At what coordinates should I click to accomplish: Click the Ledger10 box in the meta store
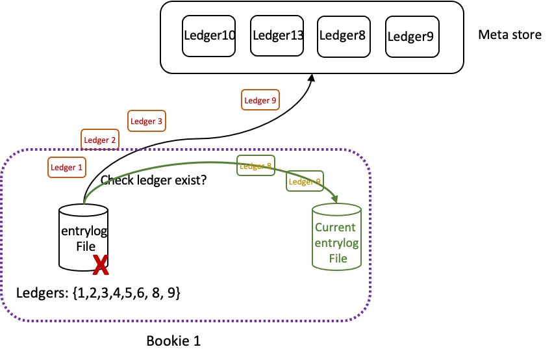coord(209,35)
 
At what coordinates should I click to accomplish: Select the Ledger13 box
coord(277,35)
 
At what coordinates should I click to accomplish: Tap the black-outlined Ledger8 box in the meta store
coord(342,35)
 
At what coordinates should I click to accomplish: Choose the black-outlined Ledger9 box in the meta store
coord(410,36)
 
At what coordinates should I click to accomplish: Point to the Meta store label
coord(509,34)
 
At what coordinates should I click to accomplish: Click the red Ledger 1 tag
coord(67,167)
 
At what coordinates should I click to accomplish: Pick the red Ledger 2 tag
coord(100,140)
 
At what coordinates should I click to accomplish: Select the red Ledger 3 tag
coord(147,121)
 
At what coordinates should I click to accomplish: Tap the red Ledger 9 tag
coord(260,100)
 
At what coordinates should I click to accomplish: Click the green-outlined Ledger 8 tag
coord(256,166)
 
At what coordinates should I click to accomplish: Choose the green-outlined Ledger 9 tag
coord(305,181)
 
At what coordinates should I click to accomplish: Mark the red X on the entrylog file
coord(100,264)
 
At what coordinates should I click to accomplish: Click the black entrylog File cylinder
coord(83,237)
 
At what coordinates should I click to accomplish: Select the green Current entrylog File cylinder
coord(336,237)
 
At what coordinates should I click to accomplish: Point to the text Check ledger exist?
coord(153,180)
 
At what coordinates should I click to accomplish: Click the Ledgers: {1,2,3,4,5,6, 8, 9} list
coord(98,293)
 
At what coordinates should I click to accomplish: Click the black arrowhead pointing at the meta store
coord(312,77)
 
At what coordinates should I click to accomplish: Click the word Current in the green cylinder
coord(335,227)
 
